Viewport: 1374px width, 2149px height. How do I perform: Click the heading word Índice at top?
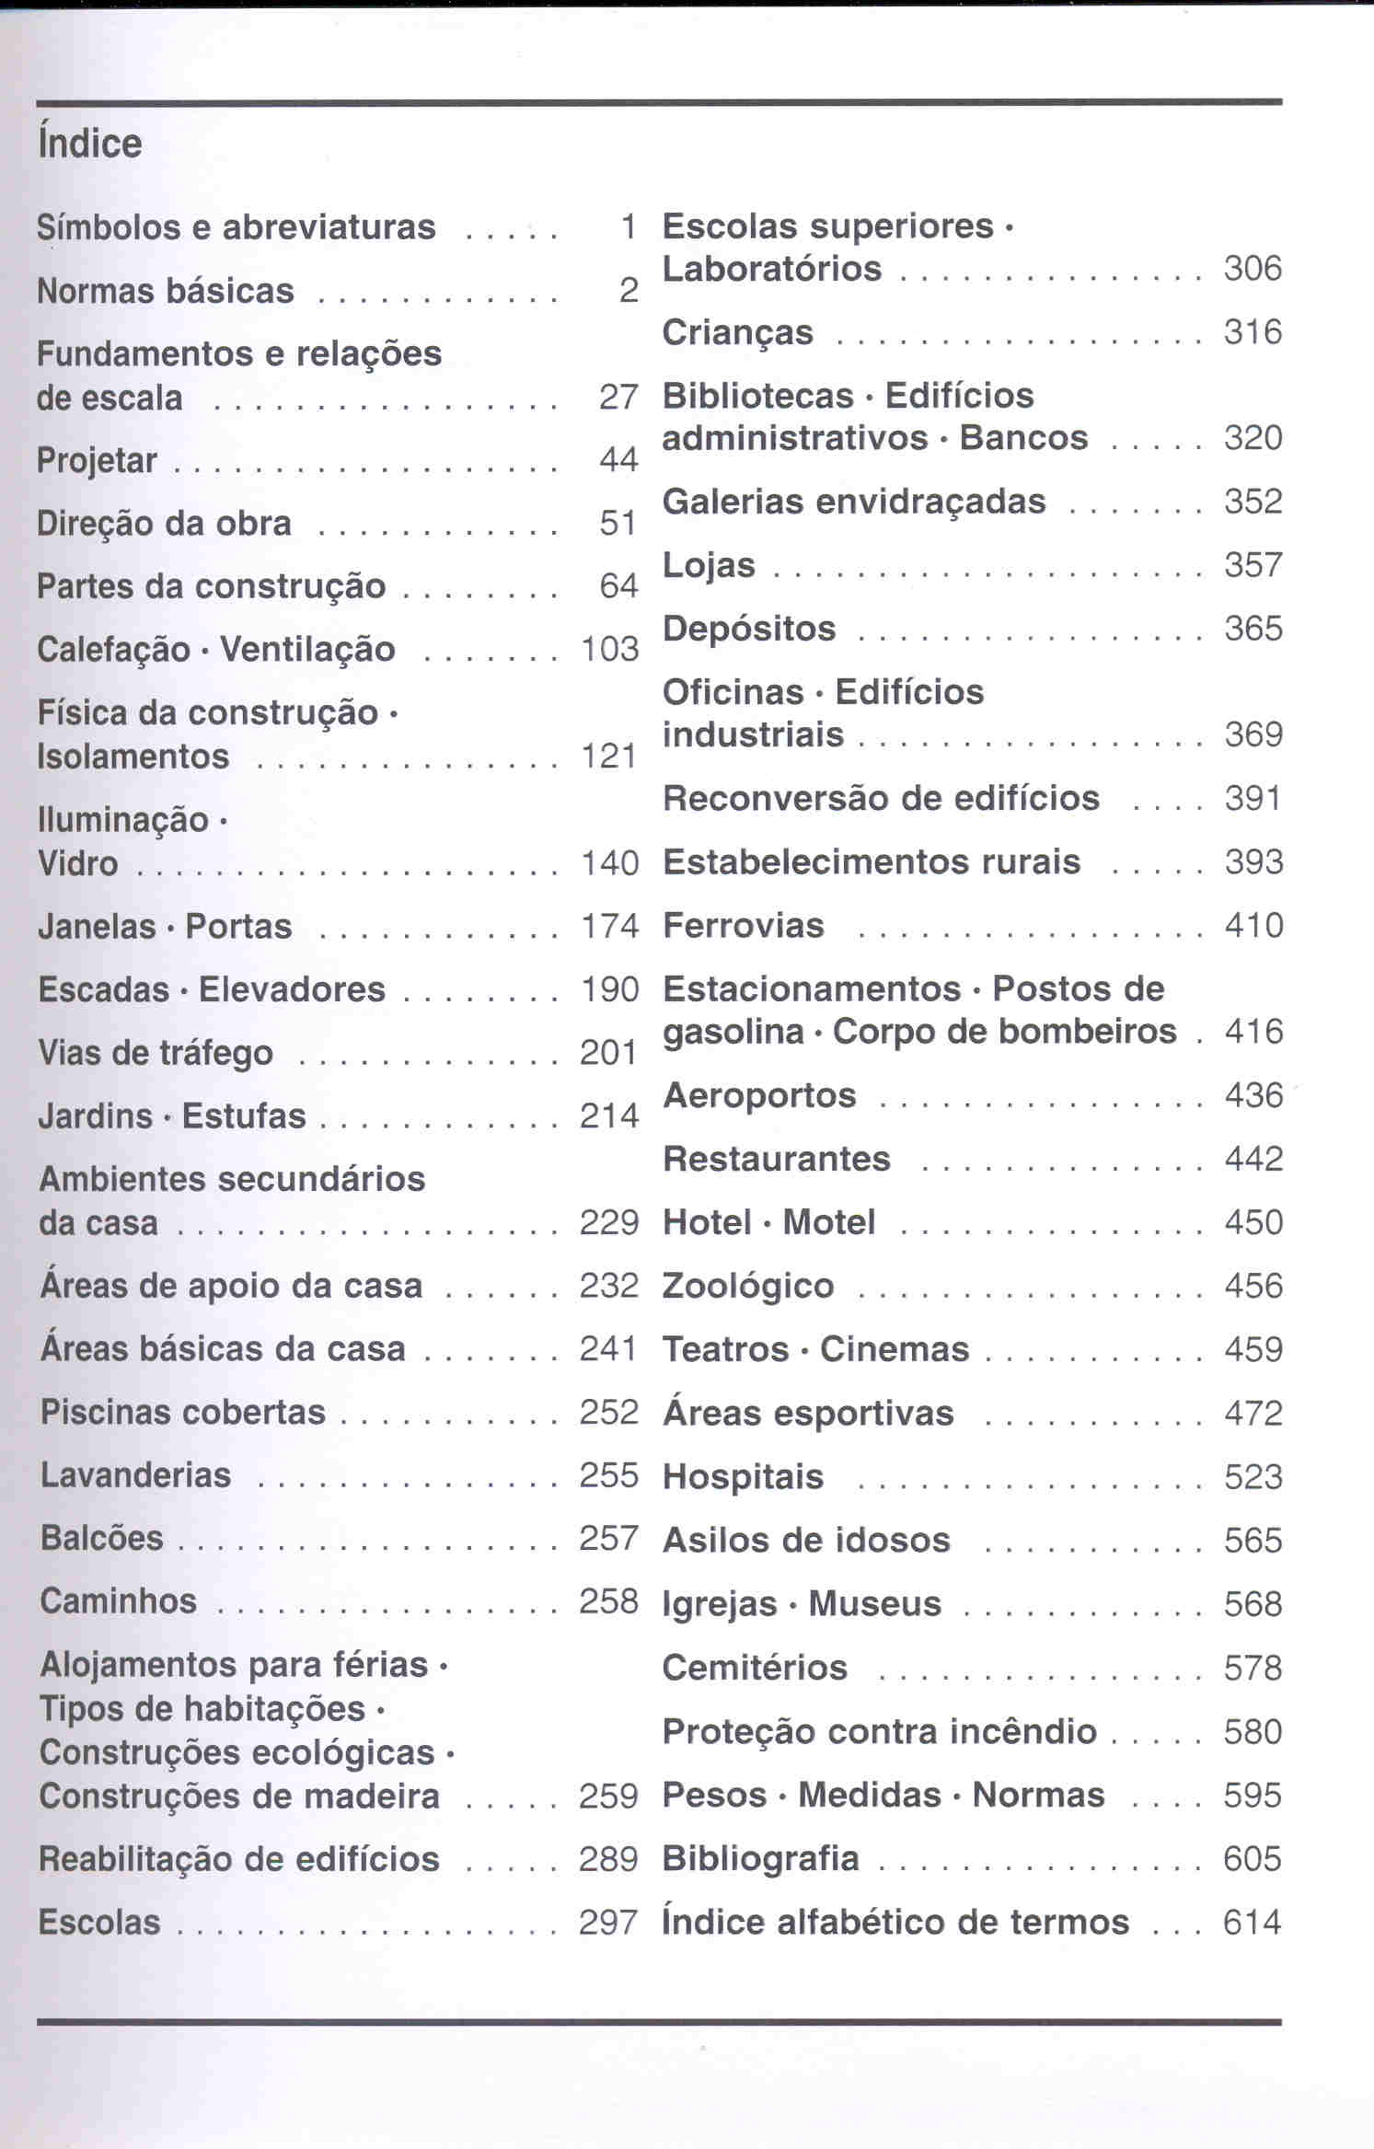[89, 144]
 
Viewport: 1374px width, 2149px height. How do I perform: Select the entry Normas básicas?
[165, 291]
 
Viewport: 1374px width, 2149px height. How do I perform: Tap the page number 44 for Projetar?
[618, 459]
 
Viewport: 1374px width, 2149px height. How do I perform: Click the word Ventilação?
[307, 650]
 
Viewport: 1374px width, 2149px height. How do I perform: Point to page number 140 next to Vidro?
[609, 863]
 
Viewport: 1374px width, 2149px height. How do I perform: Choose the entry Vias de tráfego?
[156, 1053]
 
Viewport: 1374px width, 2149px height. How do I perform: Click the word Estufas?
[244, 1116]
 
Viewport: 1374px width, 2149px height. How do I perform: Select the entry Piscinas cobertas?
[182, 1412]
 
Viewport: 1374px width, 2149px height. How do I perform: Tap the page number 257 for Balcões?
[608, 1538]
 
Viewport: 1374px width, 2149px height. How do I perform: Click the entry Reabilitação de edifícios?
[239, 1859]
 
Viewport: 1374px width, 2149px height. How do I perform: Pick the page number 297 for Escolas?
[608, 1923]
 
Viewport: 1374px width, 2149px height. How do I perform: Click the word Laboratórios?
[771, 269]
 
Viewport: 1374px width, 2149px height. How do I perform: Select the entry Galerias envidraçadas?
[854, 502]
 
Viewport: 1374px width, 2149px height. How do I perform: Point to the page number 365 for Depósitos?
[1253, 629]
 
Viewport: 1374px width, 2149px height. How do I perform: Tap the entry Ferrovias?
[743, 926]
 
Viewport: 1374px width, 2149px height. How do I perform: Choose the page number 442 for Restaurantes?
[1253, 1159]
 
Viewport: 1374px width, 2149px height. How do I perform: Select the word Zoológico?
[747, 1287]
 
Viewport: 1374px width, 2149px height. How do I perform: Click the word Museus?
[874, 1604]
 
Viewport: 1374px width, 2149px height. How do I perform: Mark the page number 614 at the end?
[1253, 1923]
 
